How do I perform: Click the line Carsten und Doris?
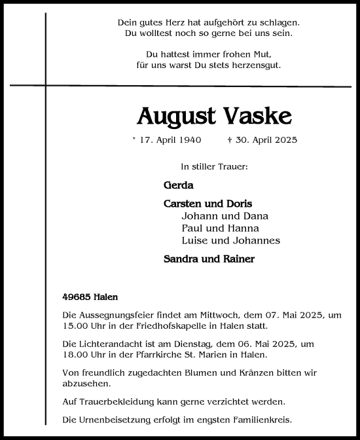click(207, 204)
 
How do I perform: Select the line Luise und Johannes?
click(230, 240)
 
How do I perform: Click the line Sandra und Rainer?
click(209, 259)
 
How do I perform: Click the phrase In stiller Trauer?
click(214, 167)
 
